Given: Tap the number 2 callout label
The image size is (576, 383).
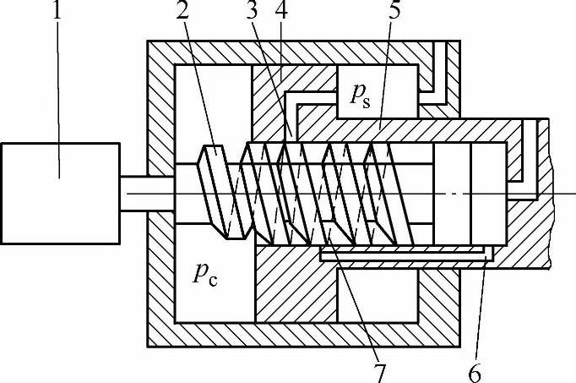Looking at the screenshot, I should click(x=182, y=13).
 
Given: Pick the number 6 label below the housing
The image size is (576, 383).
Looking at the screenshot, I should click(x=478, y=369).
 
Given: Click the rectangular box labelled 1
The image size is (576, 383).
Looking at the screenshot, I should click(x=60, y=192).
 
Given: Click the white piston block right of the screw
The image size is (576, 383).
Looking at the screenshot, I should click(x=451, y=193).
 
